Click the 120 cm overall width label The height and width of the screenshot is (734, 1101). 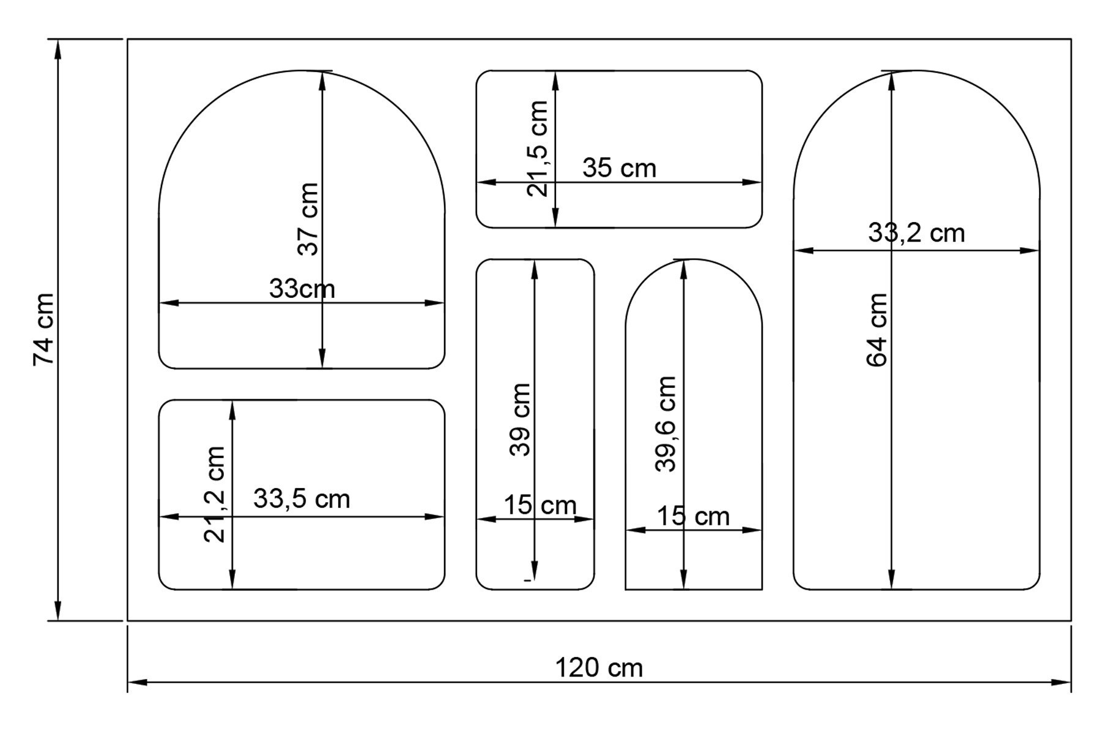click(x=599, y=667)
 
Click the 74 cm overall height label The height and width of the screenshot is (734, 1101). click(x=44, y=330)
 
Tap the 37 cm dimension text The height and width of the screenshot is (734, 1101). click(x=308, y=219)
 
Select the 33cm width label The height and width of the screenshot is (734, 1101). click(x=302, y=289)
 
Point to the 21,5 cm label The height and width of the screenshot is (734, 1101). click(x=538, y=149)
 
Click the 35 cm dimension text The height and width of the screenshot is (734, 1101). click(x=619, y=168)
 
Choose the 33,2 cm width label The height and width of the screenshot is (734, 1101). click(x=916, y=233)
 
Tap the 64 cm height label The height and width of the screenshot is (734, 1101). click(x=877, y=330)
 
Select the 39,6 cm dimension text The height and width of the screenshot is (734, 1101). click(x=665, y=424)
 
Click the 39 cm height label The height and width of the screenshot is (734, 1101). click(x=520, y=420)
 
